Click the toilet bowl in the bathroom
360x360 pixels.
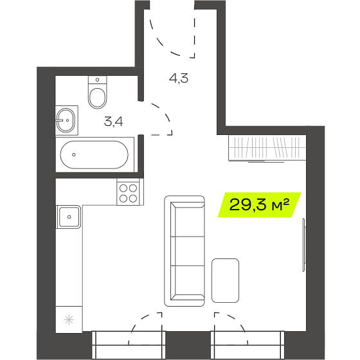tap(97, 98)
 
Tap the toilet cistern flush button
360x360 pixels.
tap(97, 80)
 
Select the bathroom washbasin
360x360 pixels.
tap(66, 120)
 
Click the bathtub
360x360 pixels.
tap(94, 154)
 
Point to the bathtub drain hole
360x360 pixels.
tap(74, 154)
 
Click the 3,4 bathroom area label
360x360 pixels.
tap(113, 122)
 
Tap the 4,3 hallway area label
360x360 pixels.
tap(179, 78)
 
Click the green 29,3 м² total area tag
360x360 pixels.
tap(260, 205)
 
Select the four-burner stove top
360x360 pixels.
tap(128, 192)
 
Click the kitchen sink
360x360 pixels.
tap(69, 217)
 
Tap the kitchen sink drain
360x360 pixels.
tap(69, 217)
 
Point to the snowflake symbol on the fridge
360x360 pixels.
tap(69, 320)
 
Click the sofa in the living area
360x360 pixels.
tap(184, 251)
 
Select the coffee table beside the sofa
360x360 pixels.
tap(225, 280)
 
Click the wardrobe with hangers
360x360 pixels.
tap(267, 148)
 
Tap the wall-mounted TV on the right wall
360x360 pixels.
tap(304, 245)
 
